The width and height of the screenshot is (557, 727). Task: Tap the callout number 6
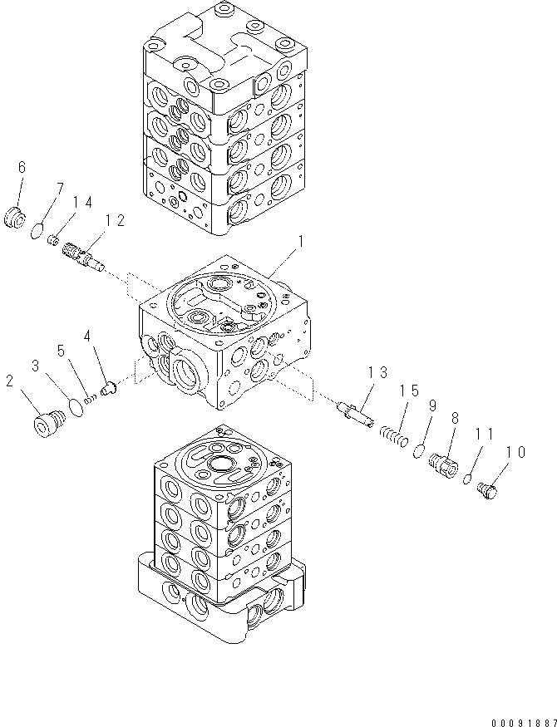click(22, 169)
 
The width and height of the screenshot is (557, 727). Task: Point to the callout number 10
click(515, 453)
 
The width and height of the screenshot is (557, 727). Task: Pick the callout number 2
click(9, 381)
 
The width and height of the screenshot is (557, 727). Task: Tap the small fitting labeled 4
click(106, 386)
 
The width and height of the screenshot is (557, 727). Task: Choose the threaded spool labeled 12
click(82, 252)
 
